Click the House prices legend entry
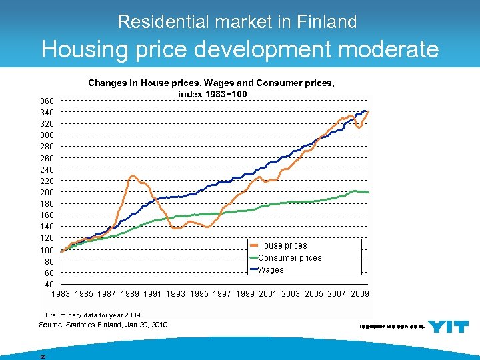coord(282,246)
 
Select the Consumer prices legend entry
coord(289,258)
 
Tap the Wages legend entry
coord(271,270)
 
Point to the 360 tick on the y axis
coord(47,101)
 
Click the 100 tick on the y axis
coord(47,250)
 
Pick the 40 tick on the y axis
coord(49,285)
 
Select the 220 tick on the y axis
coord(47,181)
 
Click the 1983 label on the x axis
coord(60,294)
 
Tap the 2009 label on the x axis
coord(359,294)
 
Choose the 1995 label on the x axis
coord(199,294)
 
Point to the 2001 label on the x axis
coord(268,294)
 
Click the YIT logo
coord(448,326)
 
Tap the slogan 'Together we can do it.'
coord(391,327)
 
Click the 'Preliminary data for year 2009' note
coord(93,315)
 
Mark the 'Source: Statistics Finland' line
coord(105,325)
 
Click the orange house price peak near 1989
coord(133,176)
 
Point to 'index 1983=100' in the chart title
coord(212,94)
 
